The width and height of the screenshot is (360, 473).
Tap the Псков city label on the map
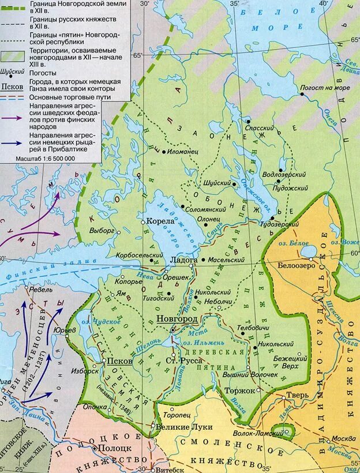(119, 361)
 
